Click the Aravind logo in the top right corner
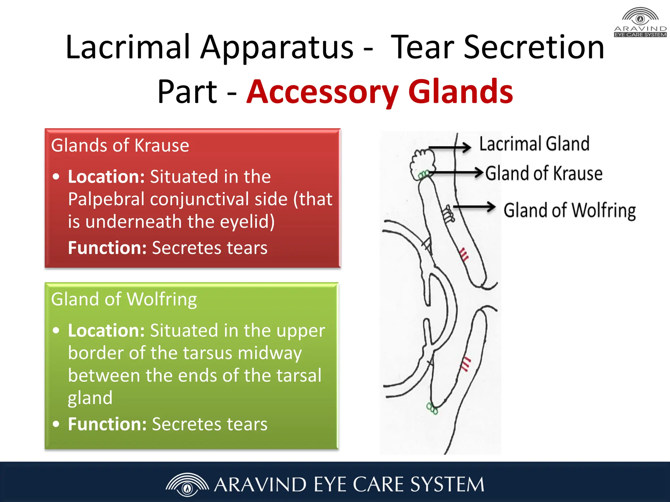click(x=640, y=22)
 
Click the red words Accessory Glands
click(x=379, y=92)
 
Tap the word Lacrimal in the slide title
click(x=128, y=47)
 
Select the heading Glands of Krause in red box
click(x=120, y=145)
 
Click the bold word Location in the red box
click(x=106, y=177)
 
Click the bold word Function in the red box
click(x=107, y=248)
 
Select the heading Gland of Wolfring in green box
click(x=124, y=299)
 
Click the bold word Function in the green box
click(x=107, y=424)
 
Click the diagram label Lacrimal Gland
click(x=534, y=144)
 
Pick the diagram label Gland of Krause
click(x=543, y=174)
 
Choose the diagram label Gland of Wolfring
click(x=570, y=210)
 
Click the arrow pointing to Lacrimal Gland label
click(x=450, y=147)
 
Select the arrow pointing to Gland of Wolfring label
click(x=474, y=207)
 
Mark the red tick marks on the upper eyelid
click(x=464, y=255)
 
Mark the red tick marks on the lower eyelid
click(x=465, y=364)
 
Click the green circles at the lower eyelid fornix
click(x=432, y=408)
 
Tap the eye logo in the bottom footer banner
click(x=187, y=484)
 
